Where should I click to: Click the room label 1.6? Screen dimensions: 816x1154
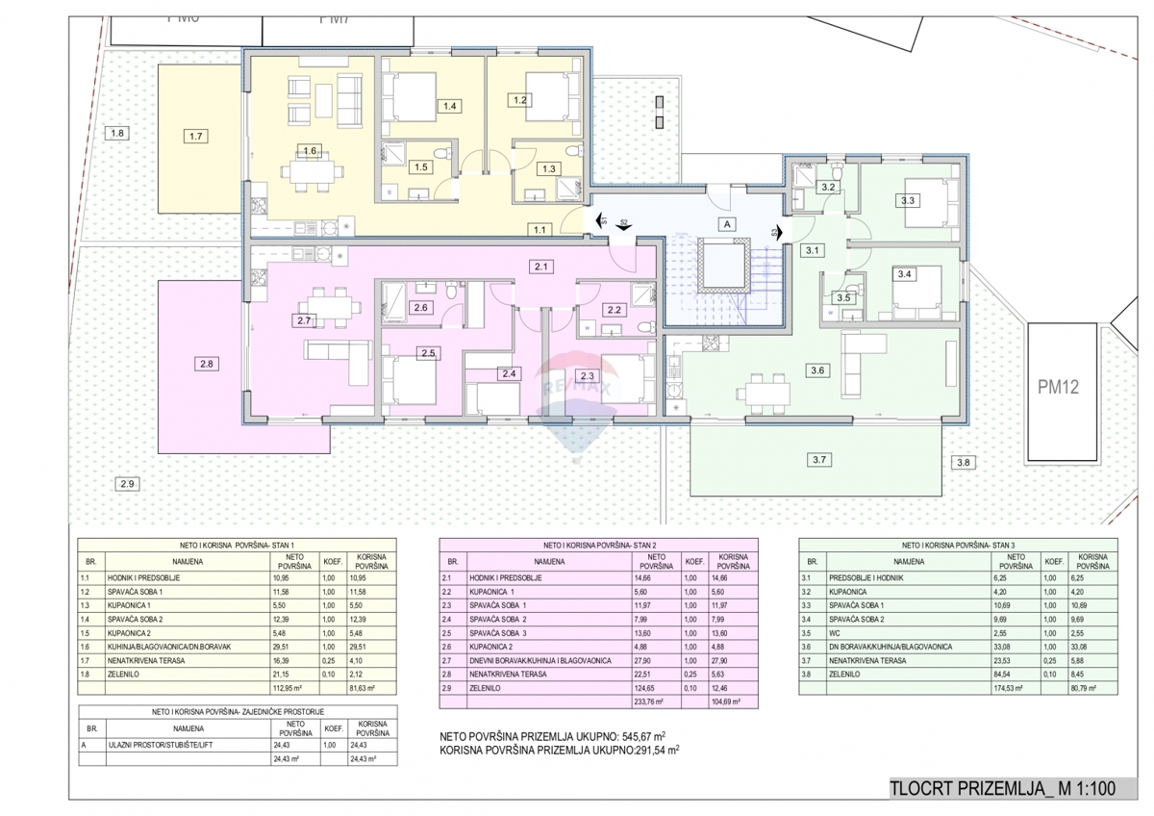pos(309,151)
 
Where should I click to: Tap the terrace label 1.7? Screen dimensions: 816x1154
pos(196,137)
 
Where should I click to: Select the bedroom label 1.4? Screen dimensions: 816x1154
pos(449,106)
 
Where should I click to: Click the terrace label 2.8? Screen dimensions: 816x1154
pos(206,364)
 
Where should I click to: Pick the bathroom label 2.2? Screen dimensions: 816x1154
pos(615,310)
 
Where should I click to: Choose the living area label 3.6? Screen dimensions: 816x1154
pos(817,370)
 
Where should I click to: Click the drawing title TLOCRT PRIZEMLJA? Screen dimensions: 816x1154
pos(1001,788)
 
